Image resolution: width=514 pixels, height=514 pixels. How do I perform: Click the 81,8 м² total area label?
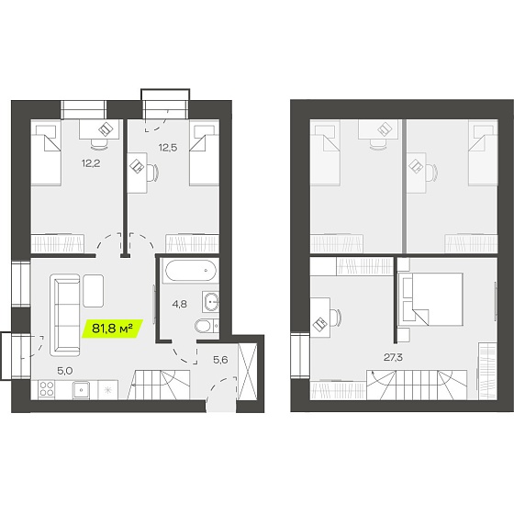(x=112, y=329)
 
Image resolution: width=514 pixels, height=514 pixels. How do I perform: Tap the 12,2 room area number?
(x=91, y=163)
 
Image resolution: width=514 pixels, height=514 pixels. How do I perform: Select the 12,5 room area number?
(x=168, y=148)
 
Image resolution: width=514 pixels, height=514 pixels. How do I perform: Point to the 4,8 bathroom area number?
(x=180, y=304)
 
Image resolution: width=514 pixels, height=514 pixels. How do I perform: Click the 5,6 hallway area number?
(x=220, y=360)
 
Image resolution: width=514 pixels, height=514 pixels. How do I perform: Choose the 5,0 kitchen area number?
(x=64, y=371)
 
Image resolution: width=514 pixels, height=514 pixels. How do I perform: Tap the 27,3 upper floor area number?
(x=394, y=357)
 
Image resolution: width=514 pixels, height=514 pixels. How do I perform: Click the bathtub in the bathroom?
(x=191, y=271)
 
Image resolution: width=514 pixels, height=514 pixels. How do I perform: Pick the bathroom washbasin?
(x=211, y=302)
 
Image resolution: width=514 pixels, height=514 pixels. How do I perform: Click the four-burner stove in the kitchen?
(x=46, y=389)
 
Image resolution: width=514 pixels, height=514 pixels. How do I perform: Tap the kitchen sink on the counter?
(x=81, y=389)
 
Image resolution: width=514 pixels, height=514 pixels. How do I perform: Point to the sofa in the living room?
(x=65, y=315)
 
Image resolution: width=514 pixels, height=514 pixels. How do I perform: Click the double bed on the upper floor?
(x=430, y=299)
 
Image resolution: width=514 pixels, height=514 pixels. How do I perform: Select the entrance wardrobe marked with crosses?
(x=247, y=371)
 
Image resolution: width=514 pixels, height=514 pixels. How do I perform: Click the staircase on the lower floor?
(x=159, y=385)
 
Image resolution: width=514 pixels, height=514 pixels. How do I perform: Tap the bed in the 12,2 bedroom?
(x=46, y=152)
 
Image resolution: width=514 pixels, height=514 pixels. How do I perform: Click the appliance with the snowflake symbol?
(x=108, y=389)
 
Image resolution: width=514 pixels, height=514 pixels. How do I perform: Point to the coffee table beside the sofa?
(x=94, y=291)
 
